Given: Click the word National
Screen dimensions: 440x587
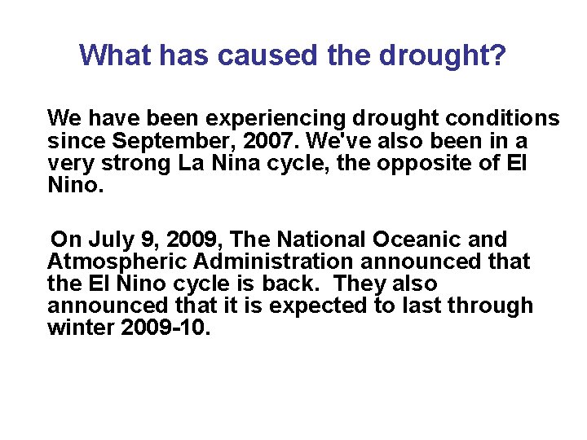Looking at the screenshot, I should tap(320, 240).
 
